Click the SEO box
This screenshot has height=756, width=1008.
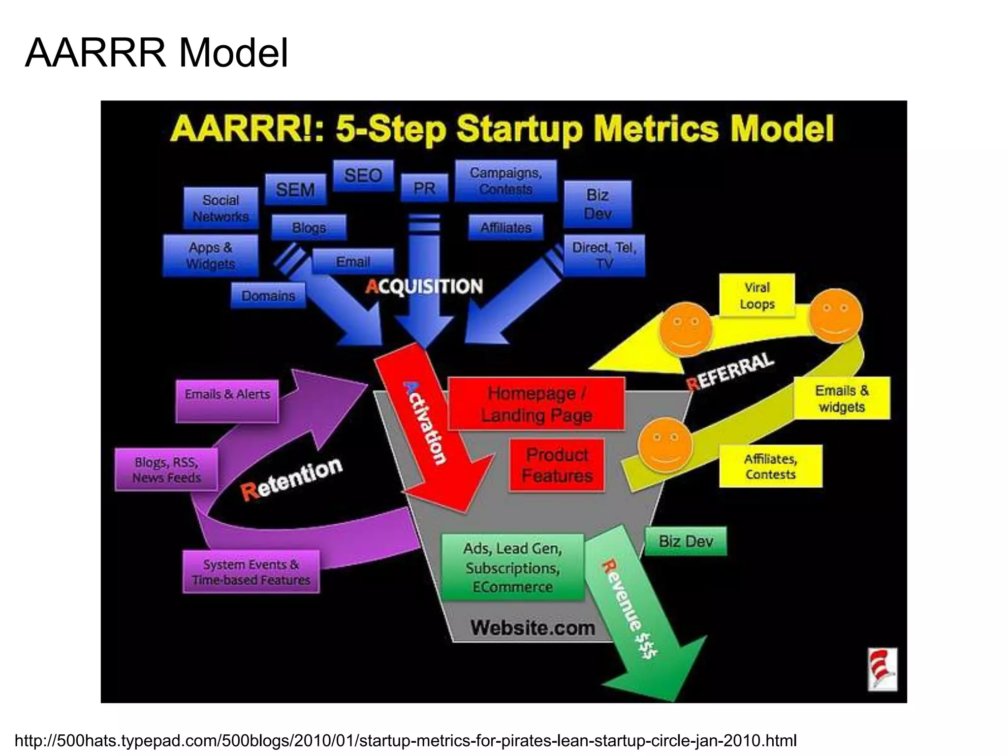click(363, 176)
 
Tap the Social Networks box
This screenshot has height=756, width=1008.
click(220, 208)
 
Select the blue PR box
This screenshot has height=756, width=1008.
click(424, 188)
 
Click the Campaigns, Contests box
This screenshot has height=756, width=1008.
click(505, 181)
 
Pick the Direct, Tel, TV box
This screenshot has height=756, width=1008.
click(604, 255)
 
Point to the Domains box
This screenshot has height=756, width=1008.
click(268, 296)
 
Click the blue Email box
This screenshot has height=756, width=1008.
click(353, 261)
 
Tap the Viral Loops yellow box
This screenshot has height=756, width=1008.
click(757, 295)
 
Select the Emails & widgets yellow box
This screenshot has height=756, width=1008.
click(842, 398)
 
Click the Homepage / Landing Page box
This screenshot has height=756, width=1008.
click(536, 404)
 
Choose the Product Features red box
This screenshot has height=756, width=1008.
click(557, 465)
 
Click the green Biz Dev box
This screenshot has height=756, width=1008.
click(686, 541)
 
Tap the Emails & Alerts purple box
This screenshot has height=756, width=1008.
click(227, 400)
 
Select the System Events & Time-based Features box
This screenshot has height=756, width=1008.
click(251, 572)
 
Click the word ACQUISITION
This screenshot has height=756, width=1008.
click(424, 286)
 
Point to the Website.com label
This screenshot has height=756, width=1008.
click(533, 628)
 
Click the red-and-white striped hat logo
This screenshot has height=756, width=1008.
click(882, 669)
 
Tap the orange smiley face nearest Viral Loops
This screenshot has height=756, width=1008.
click(835, 316)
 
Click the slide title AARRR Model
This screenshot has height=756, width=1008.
click(157, 53)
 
